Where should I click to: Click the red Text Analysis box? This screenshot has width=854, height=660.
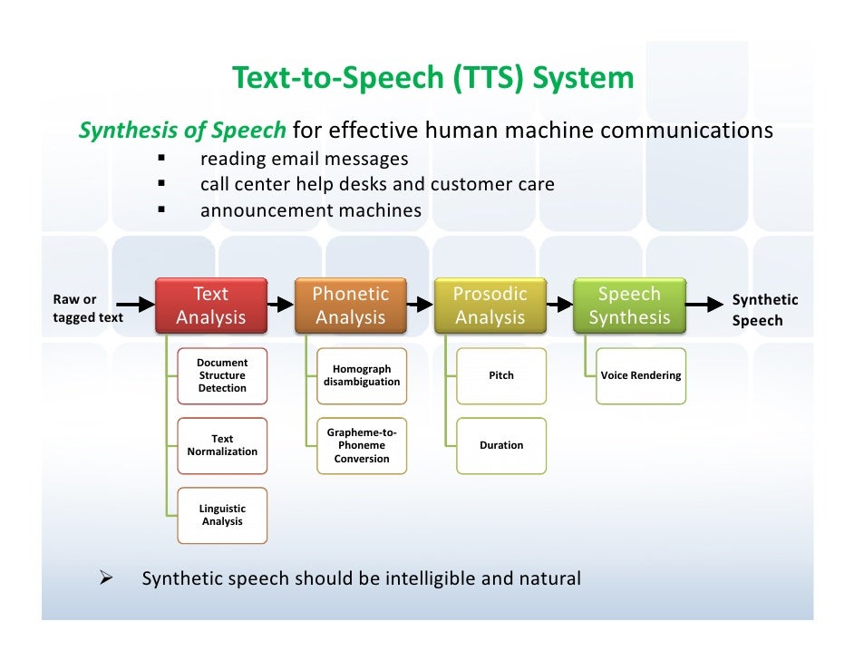[211, 306]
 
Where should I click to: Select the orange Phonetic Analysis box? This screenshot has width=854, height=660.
[351, 306]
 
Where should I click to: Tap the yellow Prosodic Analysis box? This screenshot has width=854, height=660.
[490, 306]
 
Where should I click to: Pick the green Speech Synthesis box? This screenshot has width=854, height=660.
[630, 306]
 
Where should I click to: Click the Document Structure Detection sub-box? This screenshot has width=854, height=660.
[222, 375]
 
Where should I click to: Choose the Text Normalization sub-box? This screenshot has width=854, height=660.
[222, 445]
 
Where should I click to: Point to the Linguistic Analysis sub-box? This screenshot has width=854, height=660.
[222, 515]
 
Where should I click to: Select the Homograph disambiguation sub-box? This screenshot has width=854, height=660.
[362, 375]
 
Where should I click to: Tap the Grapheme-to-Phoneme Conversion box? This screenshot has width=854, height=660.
[362, 445]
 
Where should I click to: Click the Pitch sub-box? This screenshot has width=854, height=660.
[501, 375]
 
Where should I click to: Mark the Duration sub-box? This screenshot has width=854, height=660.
[501, 445]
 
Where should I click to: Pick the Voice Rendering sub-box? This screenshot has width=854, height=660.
[641, 375]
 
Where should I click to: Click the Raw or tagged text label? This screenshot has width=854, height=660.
[87, 308]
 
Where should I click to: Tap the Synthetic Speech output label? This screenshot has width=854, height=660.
[764, 309]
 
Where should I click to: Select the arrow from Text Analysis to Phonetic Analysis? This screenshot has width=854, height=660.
[282, 306]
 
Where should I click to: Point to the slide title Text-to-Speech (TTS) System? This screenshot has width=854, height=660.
[433, 79]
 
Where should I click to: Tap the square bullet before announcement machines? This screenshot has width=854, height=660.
[161, 210]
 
